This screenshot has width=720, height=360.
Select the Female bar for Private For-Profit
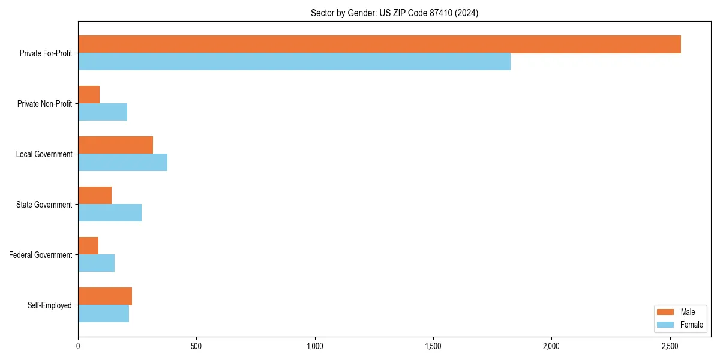(x=294, y=62)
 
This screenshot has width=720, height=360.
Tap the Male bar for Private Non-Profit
(x=89, y=95)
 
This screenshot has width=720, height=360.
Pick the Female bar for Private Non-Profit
(x=103, y=112)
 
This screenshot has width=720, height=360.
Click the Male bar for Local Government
(x=115, y=145)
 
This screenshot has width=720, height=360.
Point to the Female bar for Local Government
(x=122, y=163)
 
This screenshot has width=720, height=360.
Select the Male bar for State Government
(x=95, y=196)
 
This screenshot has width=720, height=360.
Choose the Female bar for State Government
(x=110, y=213)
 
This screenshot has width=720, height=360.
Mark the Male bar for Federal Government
(x=88, y=246)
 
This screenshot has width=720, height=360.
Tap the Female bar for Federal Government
(x=96, y=263)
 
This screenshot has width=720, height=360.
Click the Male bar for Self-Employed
(x=105, y=296)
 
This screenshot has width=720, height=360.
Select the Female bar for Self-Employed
(x=103, y=314)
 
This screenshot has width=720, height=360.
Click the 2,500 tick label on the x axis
(x=670, y=346)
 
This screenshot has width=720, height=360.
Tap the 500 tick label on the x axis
(x=196, y=346)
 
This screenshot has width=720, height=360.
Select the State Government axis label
(x=44, y=205)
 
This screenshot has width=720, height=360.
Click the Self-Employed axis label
(x=49, y=305)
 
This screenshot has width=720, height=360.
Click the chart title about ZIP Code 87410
(x=394, y=13)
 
